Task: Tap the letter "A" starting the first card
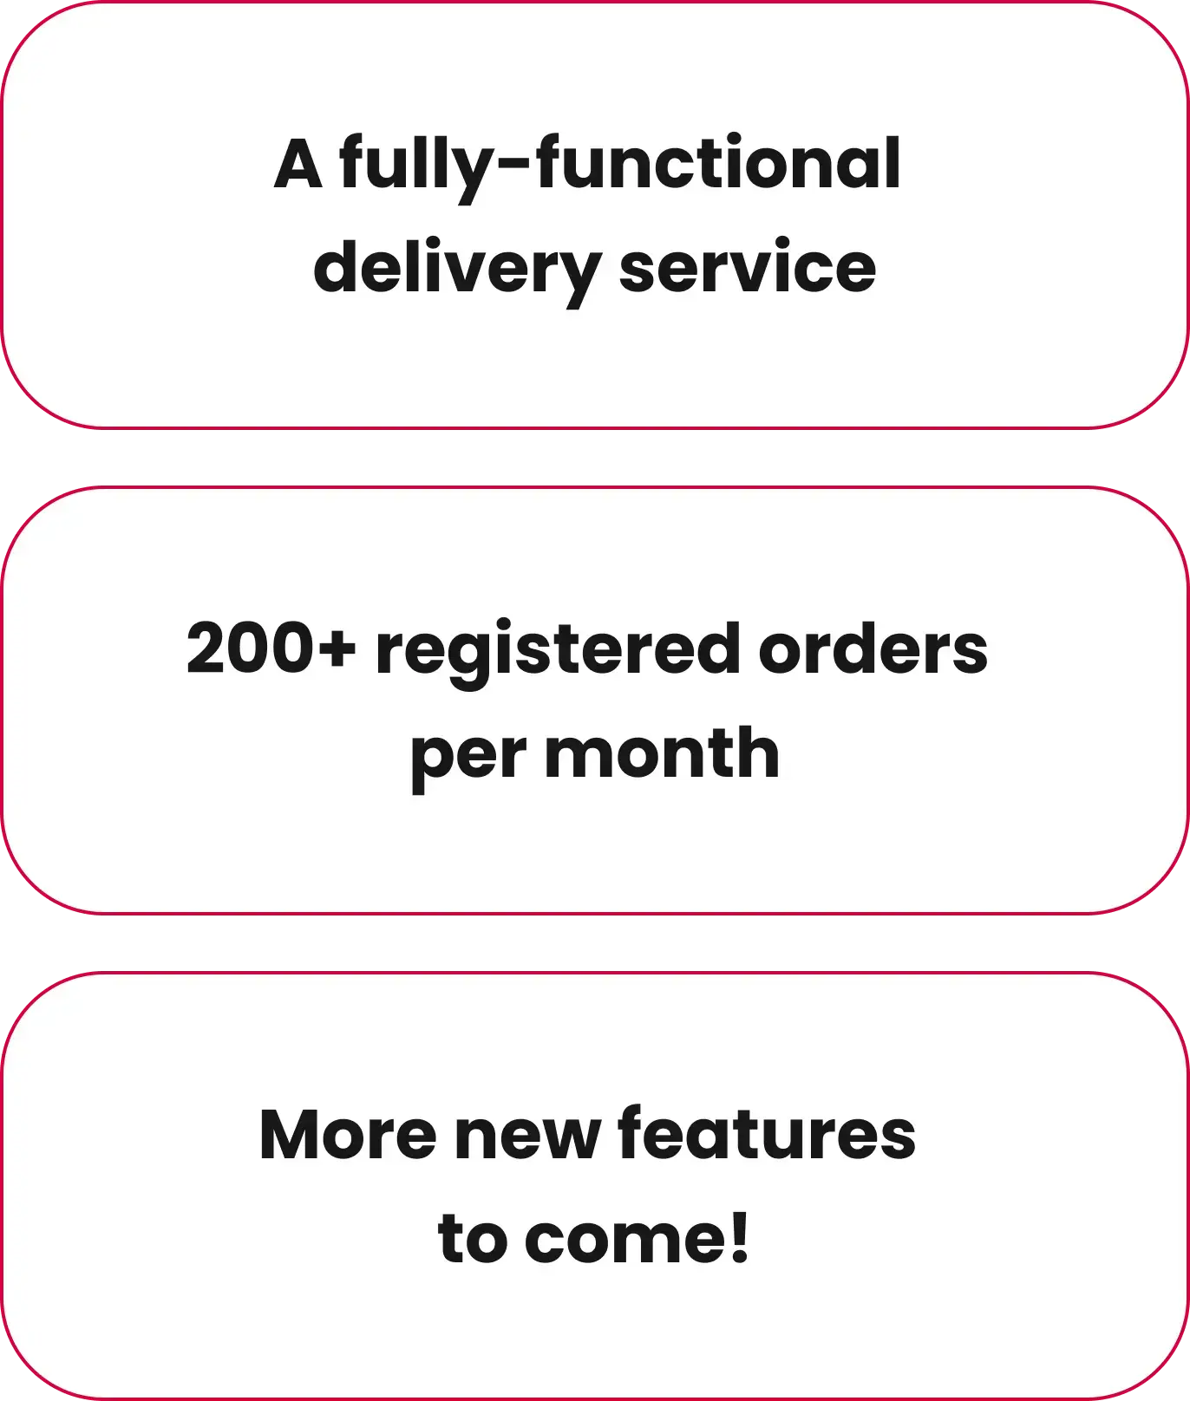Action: pos(298,165)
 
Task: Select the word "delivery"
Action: pos(456,268)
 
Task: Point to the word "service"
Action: pos(748,268)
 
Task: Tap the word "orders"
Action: pos(873,649)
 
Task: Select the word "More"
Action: pos(348,1135)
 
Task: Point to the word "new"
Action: pos(526,1137)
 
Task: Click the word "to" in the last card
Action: pos(473,1239)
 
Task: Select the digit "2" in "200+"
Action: pos(206,649)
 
